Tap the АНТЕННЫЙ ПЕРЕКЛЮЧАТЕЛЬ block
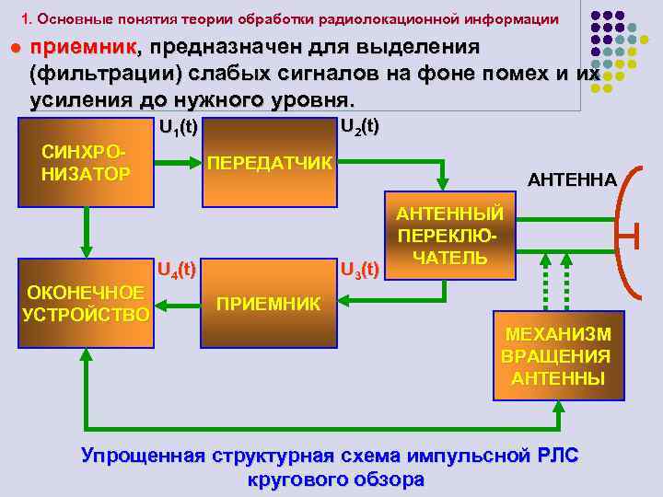[450, 234]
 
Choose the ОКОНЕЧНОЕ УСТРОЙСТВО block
[86, 304]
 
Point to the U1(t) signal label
[178, 128]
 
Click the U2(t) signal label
[360, 127]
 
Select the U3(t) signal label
[360, 270]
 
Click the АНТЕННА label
[572, 180]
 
